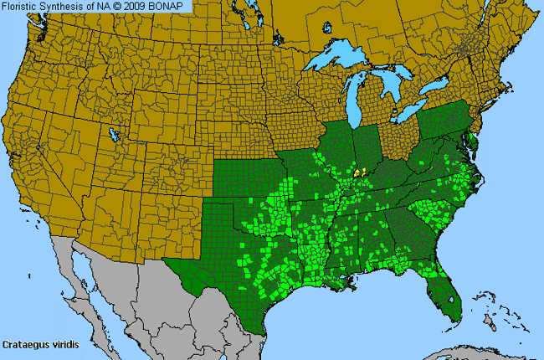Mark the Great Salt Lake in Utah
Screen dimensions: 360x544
point(113,131)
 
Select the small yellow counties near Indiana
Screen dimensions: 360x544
point(360,172)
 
